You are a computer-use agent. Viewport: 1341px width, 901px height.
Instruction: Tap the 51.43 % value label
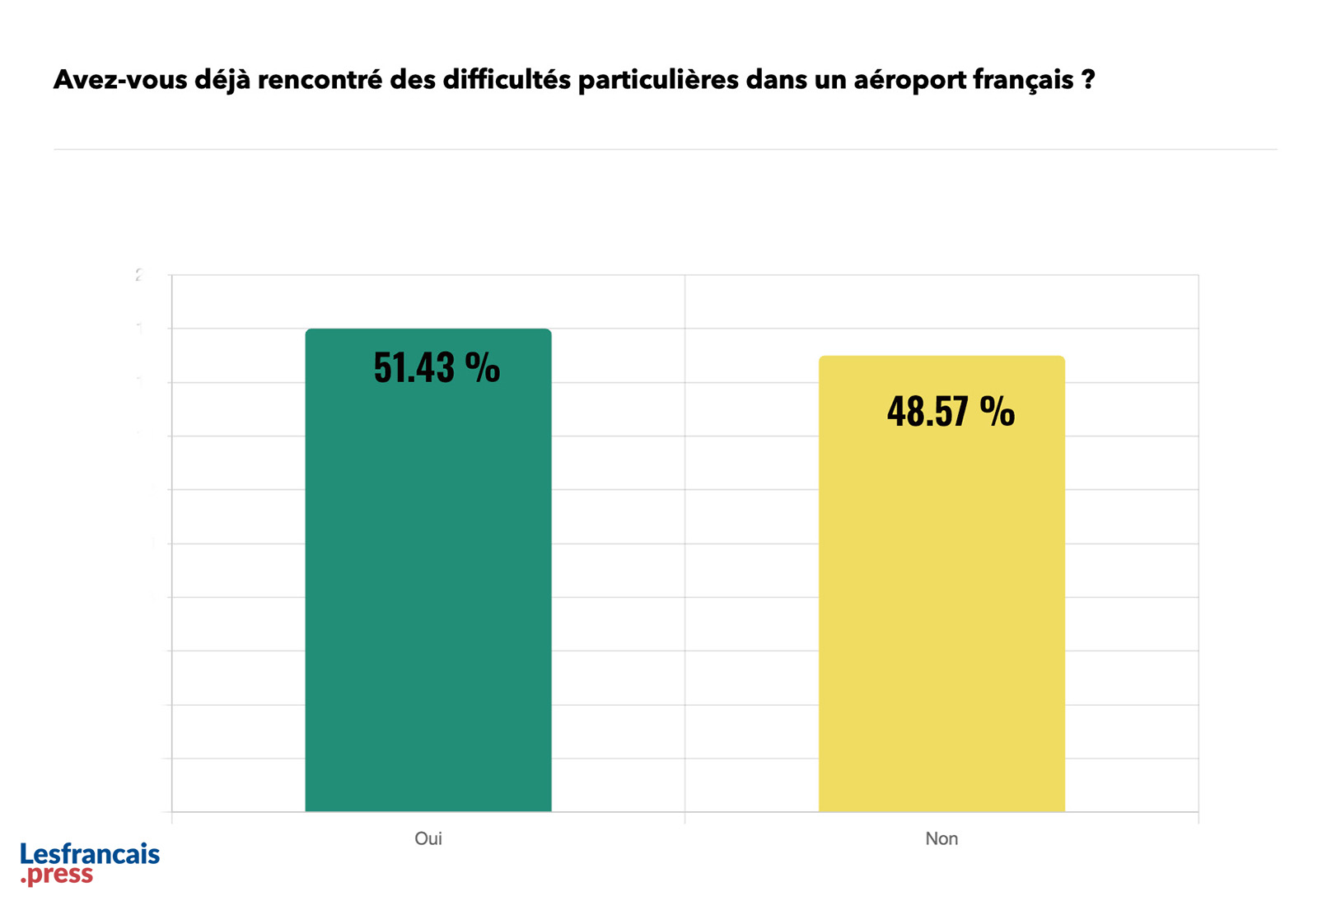point(437,367)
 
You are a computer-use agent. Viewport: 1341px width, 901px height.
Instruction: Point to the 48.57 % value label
point(951,410)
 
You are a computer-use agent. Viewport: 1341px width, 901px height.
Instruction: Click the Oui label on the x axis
point(428,838)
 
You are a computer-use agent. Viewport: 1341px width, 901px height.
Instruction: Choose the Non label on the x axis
point(942,838)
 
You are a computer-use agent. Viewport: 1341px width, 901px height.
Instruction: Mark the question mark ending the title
point(1088,80)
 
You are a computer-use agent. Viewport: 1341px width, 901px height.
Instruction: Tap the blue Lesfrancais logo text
point(90,854)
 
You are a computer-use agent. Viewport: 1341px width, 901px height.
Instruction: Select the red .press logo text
point(58,875)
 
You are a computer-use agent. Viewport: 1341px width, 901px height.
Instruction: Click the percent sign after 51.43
point(482,367)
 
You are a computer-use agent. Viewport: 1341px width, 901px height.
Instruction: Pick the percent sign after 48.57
point(997,410)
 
